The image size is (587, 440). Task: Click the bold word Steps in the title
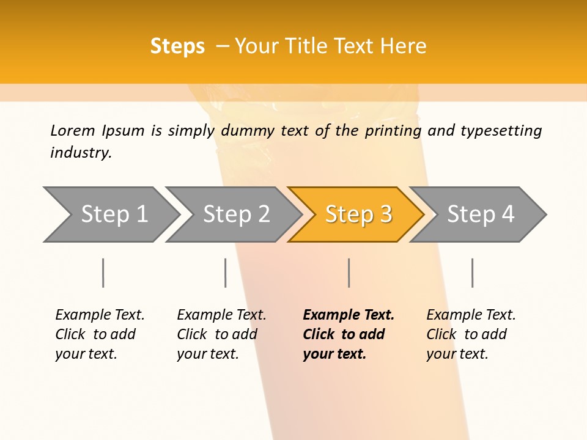(x=177, y=46)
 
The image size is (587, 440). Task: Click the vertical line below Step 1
(x=103, y=273)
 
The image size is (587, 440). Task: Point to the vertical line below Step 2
(x=226, y=273)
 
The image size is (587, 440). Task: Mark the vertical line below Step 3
(x=349, y=273)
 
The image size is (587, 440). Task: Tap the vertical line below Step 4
(x=473, y=273)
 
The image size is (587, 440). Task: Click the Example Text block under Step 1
(x=100, y=334)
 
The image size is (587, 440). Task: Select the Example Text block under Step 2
(x=221, y=334)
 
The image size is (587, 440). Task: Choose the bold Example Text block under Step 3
(x=349, y=334)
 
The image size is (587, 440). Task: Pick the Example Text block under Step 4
(x=471, y=334)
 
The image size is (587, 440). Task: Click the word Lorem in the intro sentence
(x=73, y=131)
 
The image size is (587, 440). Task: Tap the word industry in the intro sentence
(x=81, y=153)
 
